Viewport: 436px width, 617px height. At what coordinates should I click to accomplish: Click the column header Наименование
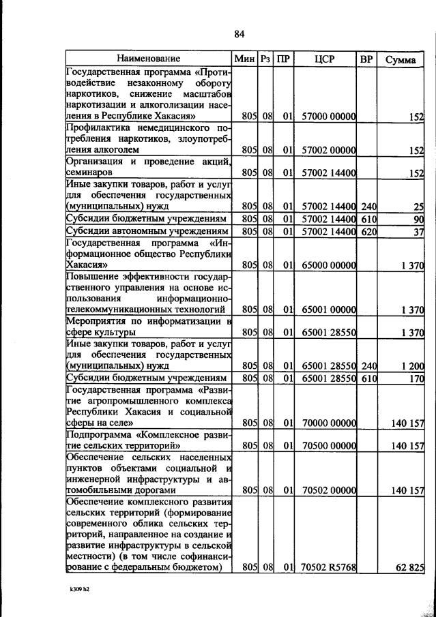(x=148, y=59)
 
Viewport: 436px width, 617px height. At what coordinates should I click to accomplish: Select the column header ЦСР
(x=325, y=59)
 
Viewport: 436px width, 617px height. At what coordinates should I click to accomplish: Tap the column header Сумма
(x=400, y=59)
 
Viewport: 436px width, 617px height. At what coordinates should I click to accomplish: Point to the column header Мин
(x=244, y=59)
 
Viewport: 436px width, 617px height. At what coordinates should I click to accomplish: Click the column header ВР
(x=366, y=59)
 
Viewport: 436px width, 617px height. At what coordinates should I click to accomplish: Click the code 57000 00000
(x=329, y=117)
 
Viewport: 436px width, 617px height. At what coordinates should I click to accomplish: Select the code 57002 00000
(x=329, y=150)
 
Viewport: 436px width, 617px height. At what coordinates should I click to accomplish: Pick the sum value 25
(x=418, y=206)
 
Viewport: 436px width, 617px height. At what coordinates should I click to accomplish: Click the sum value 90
(x=418, y=219)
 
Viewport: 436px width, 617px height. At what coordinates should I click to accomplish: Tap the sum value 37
(x=418, y=232)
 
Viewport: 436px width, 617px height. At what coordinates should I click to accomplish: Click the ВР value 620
(x=368, y=232)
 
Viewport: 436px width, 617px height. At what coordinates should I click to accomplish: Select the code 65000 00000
(x=329, y=265)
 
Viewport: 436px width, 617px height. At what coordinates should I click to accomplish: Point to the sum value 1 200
(x=411, y=365)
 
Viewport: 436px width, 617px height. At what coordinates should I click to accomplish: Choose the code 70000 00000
(x=329, y=423)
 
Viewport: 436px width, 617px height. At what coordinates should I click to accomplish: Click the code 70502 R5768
(x=329, y=567)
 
